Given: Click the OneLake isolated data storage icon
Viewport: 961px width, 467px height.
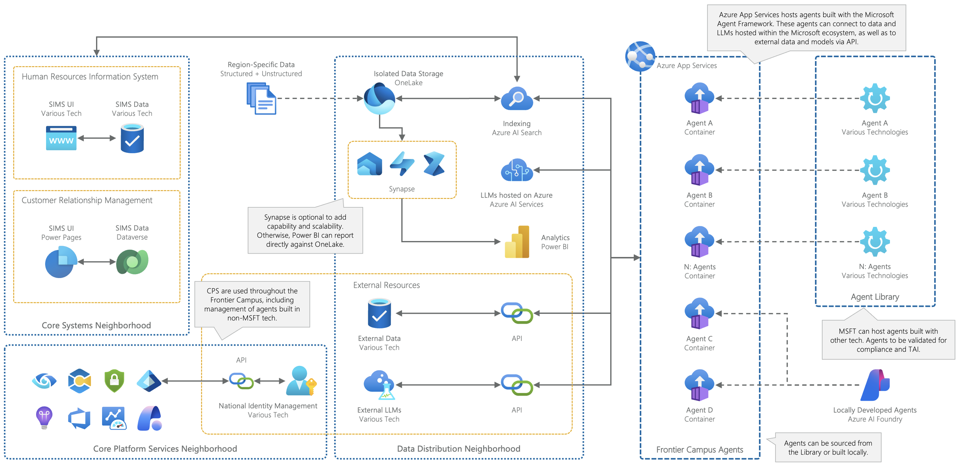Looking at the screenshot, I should point(379,99).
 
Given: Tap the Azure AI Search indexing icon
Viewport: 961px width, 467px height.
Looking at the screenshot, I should point(517,99).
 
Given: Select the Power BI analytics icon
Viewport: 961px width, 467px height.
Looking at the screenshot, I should point(517,242).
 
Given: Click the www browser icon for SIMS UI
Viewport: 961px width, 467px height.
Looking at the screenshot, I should point(61,138).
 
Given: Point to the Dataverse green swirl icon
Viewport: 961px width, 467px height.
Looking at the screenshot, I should point(132,262).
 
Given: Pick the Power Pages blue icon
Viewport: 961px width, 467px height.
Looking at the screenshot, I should point(61,263).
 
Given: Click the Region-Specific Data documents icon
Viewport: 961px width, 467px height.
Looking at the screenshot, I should point(261,99).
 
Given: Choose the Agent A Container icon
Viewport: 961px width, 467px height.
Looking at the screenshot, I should point(699,99).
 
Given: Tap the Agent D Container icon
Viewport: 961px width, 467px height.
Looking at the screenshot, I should point(699,385).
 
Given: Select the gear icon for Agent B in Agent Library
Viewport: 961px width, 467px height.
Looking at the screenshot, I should point(875,170).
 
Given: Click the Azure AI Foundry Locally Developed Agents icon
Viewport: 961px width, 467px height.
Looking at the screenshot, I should point(875,385).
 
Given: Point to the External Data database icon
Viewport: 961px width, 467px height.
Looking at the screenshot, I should point(379,314).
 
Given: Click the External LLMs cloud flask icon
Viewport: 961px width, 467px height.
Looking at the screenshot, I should point(379,385).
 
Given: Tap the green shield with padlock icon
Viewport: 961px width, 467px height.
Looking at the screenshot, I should point(114,381).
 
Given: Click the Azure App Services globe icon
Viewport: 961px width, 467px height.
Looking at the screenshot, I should point(640,56).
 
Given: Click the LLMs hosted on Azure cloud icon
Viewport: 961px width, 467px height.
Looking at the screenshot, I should point(517,170).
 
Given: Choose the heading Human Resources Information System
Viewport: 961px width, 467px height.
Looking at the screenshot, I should point(90,77).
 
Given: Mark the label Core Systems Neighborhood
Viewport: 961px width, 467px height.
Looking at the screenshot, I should point(96,325).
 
